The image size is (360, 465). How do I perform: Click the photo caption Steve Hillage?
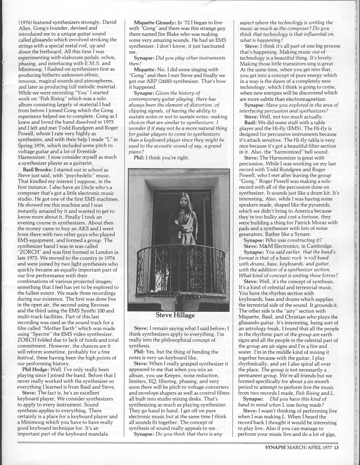pyautogui.click(x=175, y=315)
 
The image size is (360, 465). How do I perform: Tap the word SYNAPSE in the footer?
pyautogui.click(x=275, y=448)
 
